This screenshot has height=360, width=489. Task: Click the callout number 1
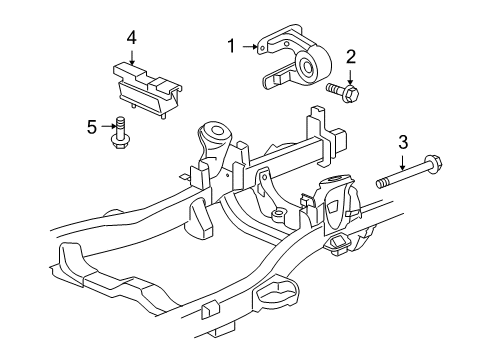tap(231, 46)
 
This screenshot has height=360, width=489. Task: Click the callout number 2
tap(351, 57)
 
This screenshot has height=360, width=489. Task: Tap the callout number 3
tap(403, 142)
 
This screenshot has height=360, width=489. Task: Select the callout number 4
tap(132, 38)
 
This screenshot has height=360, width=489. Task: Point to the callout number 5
tap(92, 127)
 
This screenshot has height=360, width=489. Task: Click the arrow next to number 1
tap(250, 47)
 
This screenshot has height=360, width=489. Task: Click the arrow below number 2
tap(350, 77)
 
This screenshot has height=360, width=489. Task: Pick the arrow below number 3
tap(403, 163)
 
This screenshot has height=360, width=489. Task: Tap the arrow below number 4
tap(132, 57)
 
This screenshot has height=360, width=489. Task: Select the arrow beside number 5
tap(108, 126)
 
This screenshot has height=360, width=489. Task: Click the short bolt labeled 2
tap(343, 91)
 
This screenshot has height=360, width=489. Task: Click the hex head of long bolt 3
tap(433, 163)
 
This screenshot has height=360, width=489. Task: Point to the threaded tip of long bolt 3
tap(382, 183)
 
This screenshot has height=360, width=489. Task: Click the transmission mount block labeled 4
tap(147, 89)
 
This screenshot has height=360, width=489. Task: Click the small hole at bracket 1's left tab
tap(262, 49)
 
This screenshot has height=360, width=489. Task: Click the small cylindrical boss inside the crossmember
tap(278, 215)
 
